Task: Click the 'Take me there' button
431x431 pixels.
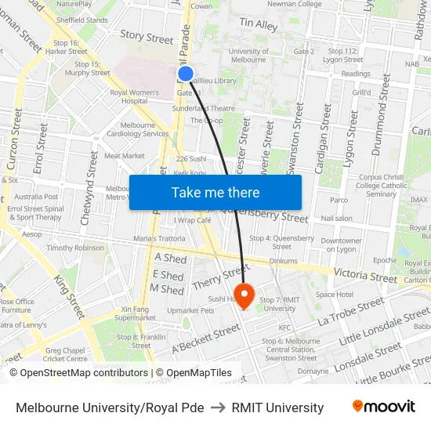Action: click(x=215, y=192)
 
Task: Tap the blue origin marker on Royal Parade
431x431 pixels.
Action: click(x=186, y=74)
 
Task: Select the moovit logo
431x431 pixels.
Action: click(x=384, y=407)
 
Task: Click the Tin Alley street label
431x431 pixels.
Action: click(x=259, y=26)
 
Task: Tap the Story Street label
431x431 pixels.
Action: click(x=147, y=38)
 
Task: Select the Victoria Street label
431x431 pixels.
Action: click(x=365, y=277)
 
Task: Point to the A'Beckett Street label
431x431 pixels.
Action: click(x=205, y=337)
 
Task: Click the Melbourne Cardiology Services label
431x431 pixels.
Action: click(x=144, y=129)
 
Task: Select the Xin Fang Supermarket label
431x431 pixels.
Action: click(x=135, y=313)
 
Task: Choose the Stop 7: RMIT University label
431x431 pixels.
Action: click(x=279, y=304)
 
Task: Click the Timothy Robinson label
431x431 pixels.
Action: click(x=75, y=248)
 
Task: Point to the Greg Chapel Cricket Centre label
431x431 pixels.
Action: click(x=67, y=354)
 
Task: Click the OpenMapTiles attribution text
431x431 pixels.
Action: click(x=194, y=373)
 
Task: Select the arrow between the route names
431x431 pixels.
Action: click(x=218, y=407)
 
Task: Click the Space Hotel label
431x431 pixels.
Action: click(x=335, y=295)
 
